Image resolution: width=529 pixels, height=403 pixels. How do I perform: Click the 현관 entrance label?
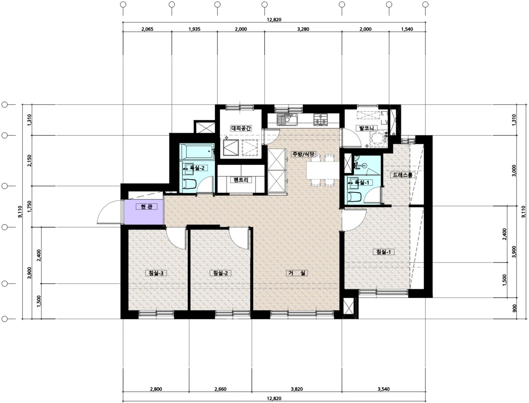pyautogui.click(x=146, y=206)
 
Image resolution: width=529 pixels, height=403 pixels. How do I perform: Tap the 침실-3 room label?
pyautogui.click(x=156, y=273)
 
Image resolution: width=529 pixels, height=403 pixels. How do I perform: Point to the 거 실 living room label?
pyautogui.click(x=297, y=273)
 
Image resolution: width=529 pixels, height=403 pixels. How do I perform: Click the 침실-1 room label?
pyautogui.click(x=384, y=252)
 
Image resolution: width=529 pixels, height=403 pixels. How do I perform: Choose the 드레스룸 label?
pyautogui.click(x=402, y=175)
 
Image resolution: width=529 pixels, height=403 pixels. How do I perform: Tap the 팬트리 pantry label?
pyautogui.click(x=241, y=180)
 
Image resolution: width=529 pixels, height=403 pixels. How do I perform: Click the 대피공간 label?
pyautogui.click(x=241, y=128)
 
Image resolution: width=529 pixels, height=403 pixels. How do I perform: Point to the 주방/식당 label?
pyautogui.click(x=303, y=154)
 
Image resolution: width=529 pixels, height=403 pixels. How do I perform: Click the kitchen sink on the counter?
pyautogui.click(x=287, y=119)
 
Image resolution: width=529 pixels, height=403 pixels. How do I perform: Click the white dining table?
pyautogui.click(x=323, y=170)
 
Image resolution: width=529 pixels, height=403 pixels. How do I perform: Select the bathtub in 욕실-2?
pyautogui.click(x=197, y=151)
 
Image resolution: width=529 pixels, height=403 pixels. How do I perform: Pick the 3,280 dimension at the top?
pyautogui.click(x=303, y=29)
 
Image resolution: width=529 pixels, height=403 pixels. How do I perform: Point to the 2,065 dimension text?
pyautogui.click(x=147, y=29)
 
